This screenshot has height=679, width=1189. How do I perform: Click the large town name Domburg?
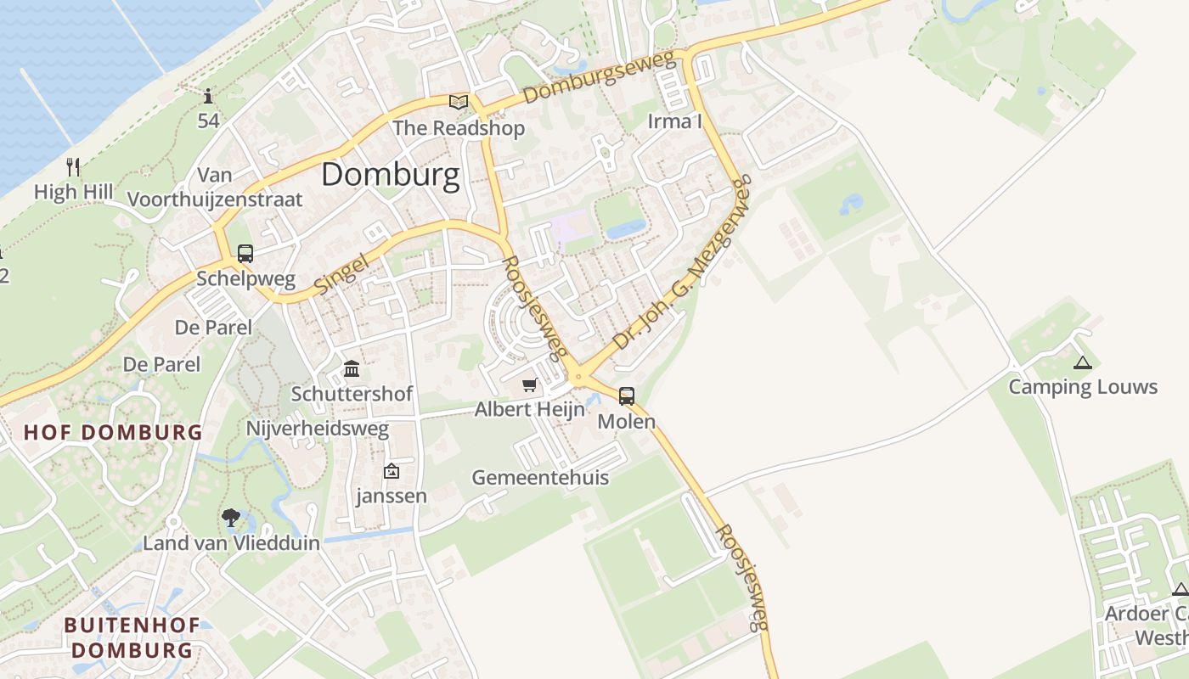(391, 175)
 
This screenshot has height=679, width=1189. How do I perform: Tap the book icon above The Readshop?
(459, 103)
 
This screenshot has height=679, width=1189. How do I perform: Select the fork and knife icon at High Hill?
(73, 166)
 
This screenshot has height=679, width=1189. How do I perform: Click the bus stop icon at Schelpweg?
(245, 253)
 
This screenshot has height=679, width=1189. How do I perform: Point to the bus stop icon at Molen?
(627, 396)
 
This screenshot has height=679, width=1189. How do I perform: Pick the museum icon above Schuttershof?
(352, 369)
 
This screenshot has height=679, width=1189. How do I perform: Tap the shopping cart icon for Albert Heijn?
(530, 385)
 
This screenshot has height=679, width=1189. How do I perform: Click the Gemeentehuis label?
(540, 478)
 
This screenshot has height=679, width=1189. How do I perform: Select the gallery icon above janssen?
(392, 471)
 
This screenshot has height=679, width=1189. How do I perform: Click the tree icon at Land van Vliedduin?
(230, 518)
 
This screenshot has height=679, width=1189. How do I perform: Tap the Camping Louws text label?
(1083, 388)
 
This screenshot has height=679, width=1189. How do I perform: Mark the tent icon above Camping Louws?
(1082, 363)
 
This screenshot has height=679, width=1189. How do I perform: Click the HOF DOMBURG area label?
(113, 432)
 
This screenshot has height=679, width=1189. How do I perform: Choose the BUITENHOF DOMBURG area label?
(132, 638)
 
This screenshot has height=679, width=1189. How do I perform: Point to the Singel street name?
(344, 274)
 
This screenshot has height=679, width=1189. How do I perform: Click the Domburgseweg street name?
(599, 78)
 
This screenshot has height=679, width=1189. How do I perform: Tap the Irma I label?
(675, 121)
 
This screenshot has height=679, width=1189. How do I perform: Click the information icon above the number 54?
(208, 95)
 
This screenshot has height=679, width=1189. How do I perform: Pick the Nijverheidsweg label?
(317, 429)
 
